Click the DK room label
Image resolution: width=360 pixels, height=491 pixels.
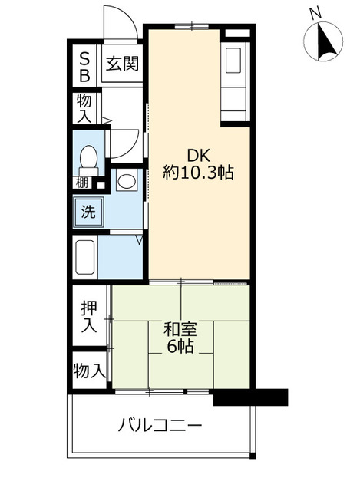click(x=198, y=153)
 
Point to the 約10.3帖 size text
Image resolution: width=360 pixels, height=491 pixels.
click(x=198, y=173)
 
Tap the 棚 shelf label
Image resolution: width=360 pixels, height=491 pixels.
click(x=82, y=183)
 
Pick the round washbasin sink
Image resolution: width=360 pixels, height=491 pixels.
click(x=125, y=183)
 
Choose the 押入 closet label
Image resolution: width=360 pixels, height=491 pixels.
click(x=90, y=316)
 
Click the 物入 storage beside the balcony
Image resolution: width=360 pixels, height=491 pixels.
click(x=90, y=371)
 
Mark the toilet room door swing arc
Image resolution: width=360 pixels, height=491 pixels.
click(x=123, y=143)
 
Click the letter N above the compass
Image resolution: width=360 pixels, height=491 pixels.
click(x=315, y=13)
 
